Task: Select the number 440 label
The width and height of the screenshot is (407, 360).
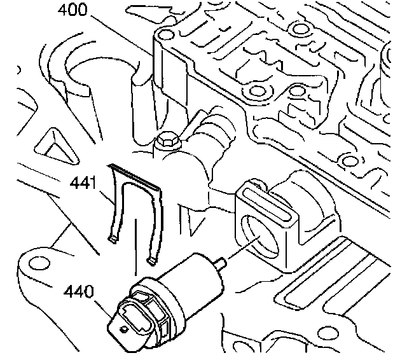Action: pyautogui.click(x=78, y=293)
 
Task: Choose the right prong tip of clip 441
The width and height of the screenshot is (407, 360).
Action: pyautogui.click(x=152, y=260)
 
